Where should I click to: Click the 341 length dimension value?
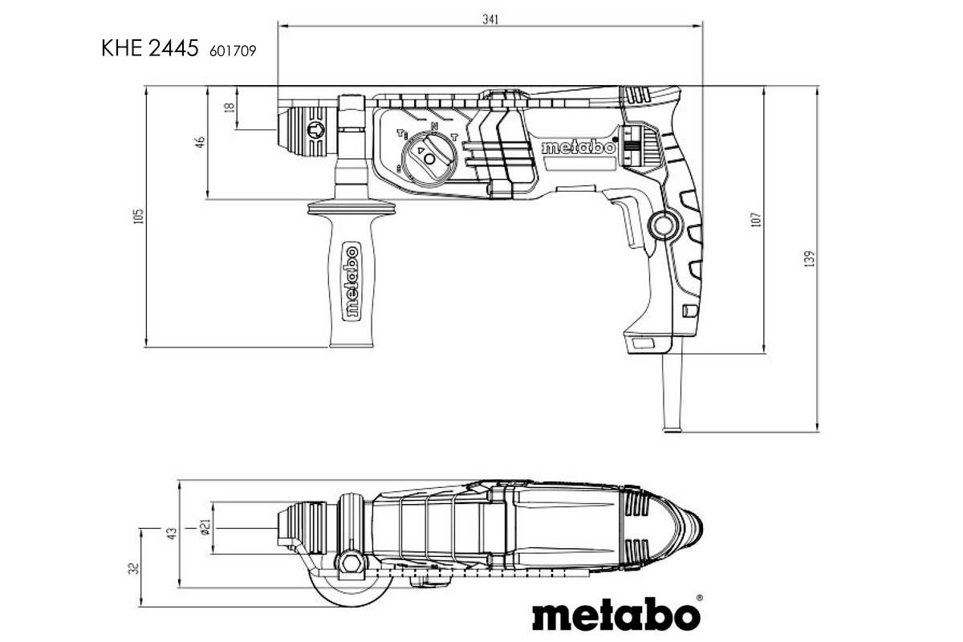click(x=490, y=20)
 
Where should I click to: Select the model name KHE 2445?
click(x=149, y=49)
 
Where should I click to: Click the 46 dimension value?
click(x=201, y=142)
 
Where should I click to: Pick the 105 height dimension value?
click(x=138, y=216)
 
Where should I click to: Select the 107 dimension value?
click(x=755, y=217)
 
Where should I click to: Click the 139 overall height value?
click(x=810, y=259)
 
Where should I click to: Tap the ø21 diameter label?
click(x=205, y=527)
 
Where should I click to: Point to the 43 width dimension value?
click(x=170, y=533)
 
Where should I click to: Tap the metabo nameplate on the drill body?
click(x=578, y=148)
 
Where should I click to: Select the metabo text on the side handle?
click(x=351, y=281)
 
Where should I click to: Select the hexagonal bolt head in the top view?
click(x=350, y=561)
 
